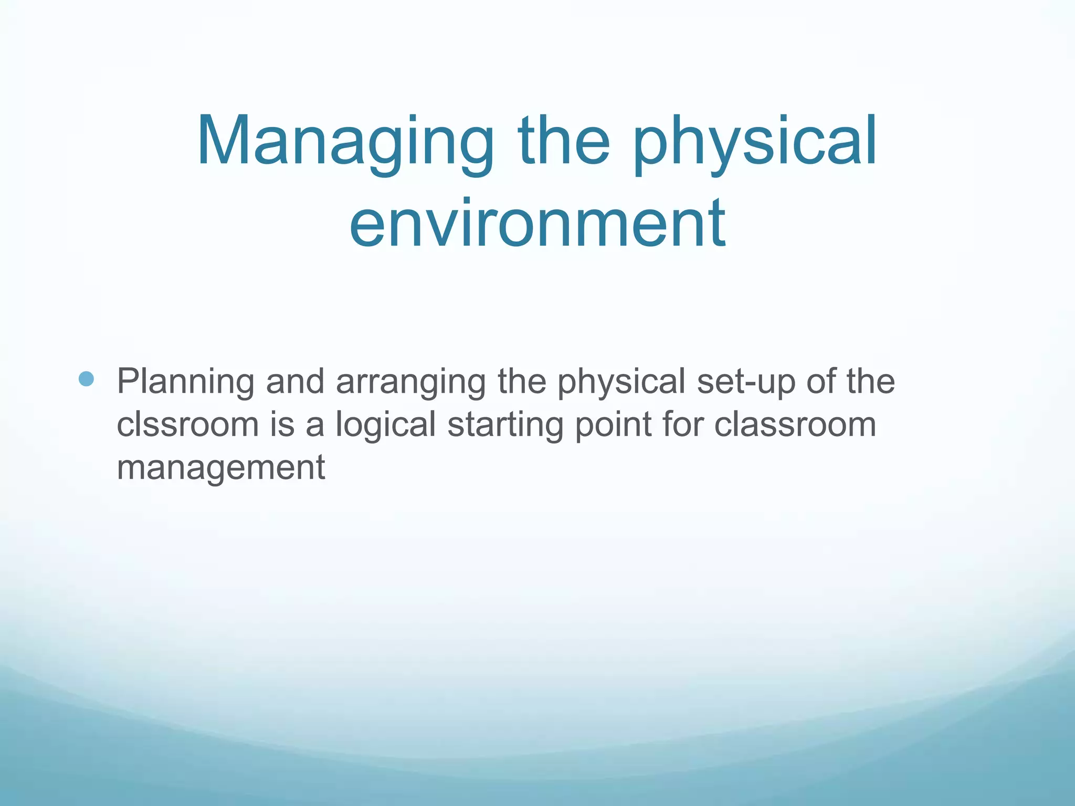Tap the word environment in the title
(537, 223)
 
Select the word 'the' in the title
(564, 142)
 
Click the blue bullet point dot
(86, 379)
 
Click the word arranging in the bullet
(410, 382)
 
